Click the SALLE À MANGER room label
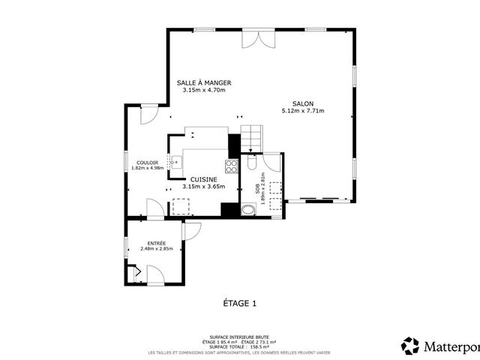[203, 82]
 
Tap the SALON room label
[303, 103]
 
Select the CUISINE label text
[203, 179]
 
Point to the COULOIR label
[147, 163]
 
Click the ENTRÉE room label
[157, 243]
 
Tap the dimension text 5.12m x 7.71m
[303, 111]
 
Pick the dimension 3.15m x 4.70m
[203, 90]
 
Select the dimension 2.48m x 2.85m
[157, 249]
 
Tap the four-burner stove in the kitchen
[232, 166]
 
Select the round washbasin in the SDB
[247, 210]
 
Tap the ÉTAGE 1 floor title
[240, 303]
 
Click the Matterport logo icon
[410, 346]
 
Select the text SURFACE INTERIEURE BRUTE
[240, 337]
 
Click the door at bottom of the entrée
[157, 277]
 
